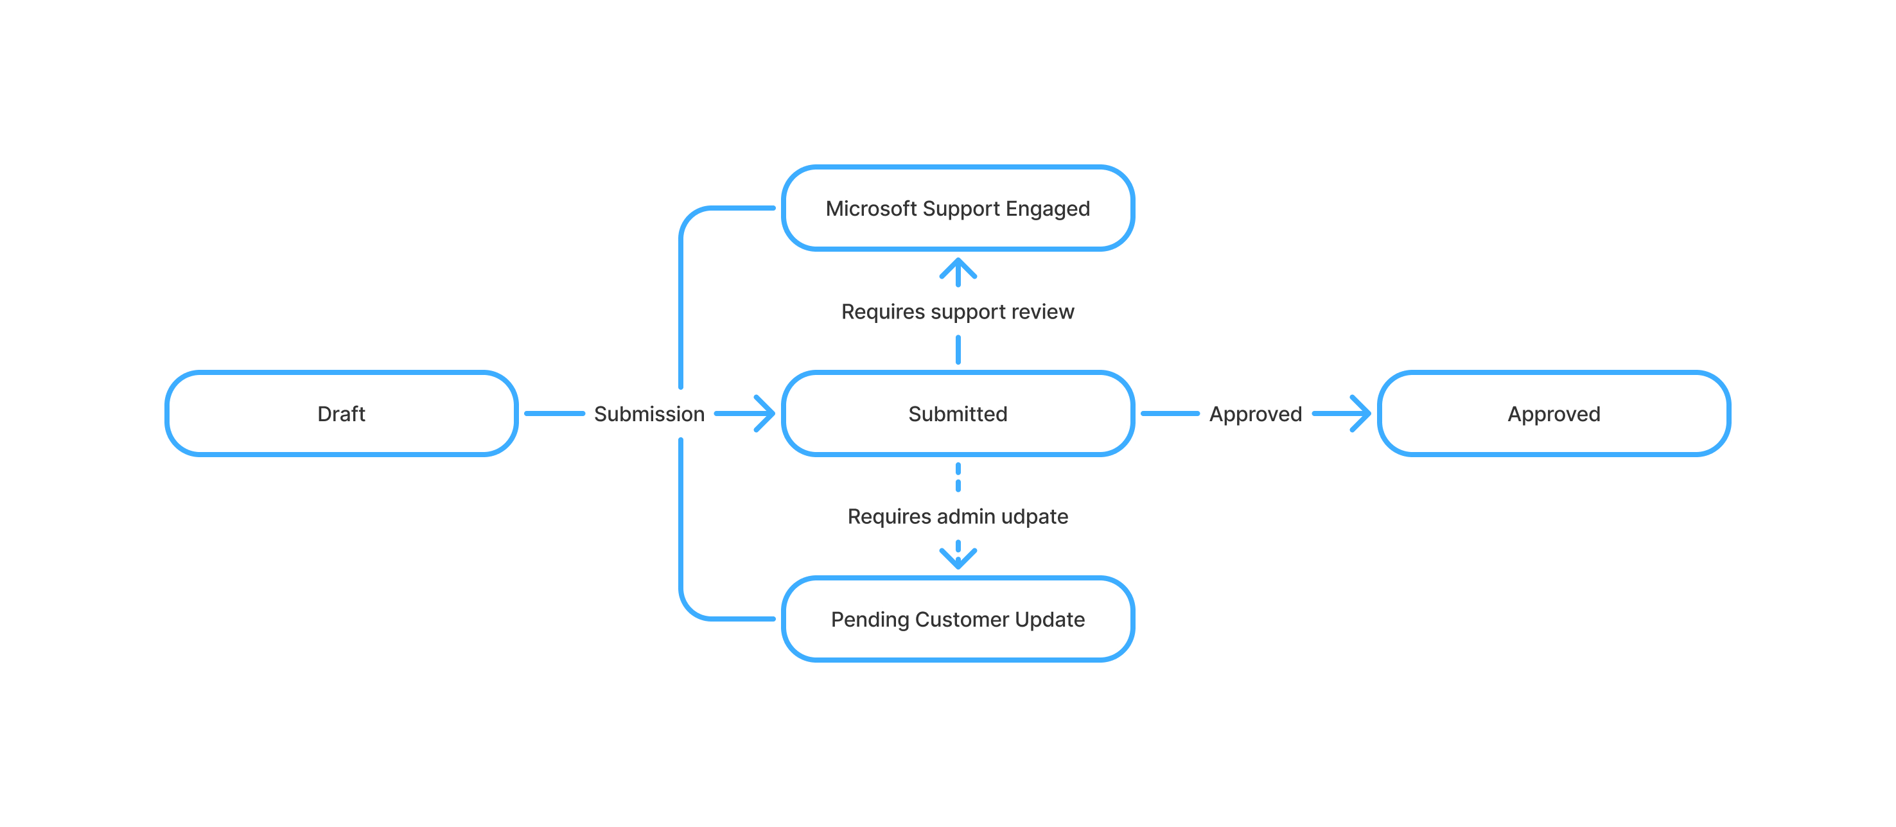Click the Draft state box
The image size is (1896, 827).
click(341, 413)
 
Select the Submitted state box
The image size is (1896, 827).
click(957, 413)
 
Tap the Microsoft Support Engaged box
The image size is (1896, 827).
click(957, 208)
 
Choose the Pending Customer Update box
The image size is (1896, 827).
click(957, 619)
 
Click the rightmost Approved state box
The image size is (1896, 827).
click(1553, 413)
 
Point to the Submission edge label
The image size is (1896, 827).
click(649, 414)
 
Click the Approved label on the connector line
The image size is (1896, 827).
click(1255, 414)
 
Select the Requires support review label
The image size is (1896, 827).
click(957, 311)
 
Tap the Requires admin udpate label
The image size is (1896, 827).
click(957, 516)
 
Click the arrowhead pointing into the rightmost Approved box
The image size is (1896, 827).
click(1362, 413)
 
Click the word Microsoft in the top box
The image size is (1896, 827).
click(871, 208)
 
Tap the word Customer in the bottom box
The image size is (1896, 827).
click(961, 619)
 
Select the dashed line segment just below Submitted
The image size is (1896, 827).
click(958, 477)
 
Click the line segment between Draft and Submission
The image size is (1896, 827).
click(554, 413)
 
